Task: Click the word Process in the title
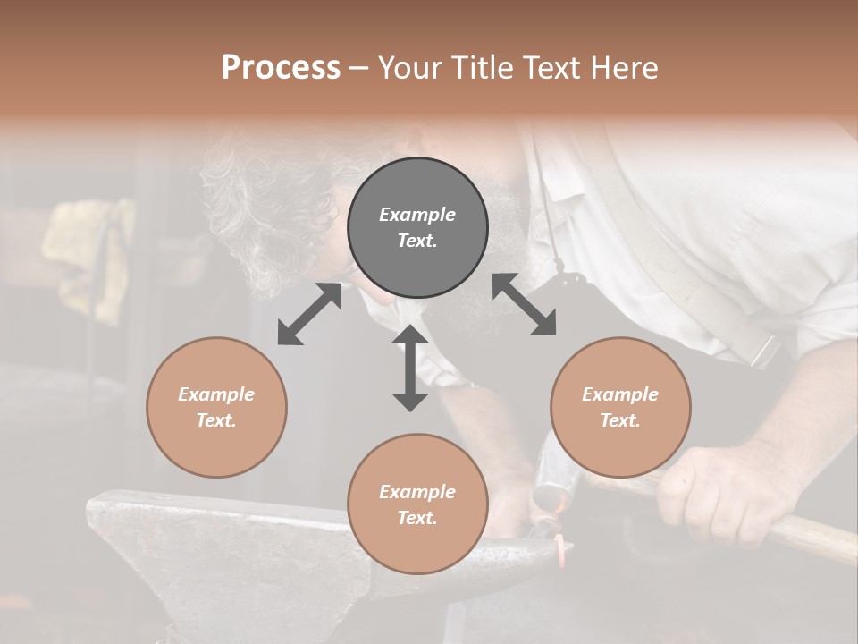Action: (281, 68)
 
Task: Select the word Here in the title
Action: (623, 68)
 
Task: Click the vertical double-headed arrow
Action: (410, 368)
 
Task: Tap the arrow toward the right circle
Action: (525, 304)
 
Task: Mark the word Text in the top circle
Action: (416, 241)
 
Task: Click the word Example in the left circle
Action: (216, 394)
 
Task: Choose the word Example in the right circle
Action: (620, 394)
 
